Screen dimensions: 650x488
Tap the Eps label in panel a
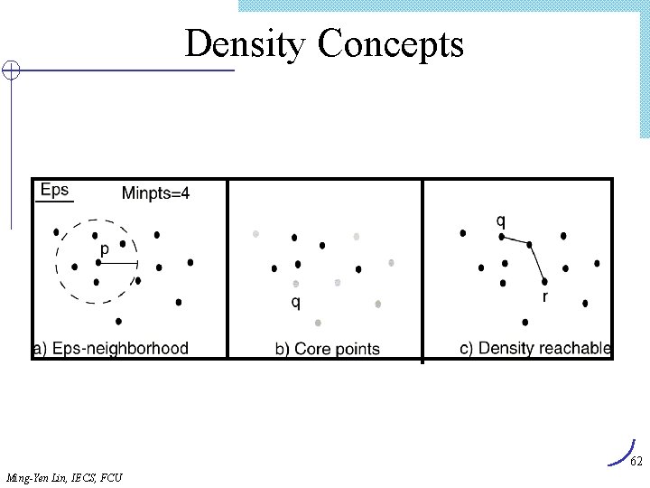point(54,190)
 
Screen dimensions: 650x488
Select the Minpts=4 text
point(155,192)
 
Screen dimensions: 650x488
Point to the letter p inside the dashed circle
point(105,248)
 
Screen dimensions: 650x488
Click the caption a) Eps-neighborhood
point(110,348)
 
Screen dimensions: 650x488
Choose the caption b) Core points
point(327,349)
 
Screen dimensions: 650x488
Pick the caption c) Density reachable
point(535,348)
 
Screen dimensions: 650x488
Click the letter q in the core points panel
point(295,302)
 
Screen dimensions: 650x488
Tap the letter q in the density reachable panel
point(501,221)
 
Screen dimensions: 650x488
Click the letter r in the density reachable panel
point(544,296)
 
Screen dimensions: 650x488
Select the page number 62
point(636,462)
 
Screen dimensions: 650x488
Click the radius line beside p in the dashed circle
point(118,263)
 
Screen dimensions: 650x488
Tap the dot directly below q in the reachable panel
point(502,237)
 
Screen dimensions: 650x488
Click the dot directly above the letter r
point(544,281)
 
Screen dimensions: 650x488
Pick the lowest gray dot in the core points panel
point(319,323)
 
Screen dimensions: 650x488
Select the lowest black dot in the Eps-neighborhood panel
point(119,321)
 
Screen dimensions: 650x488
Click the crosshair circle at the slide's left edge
point(10,70)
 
